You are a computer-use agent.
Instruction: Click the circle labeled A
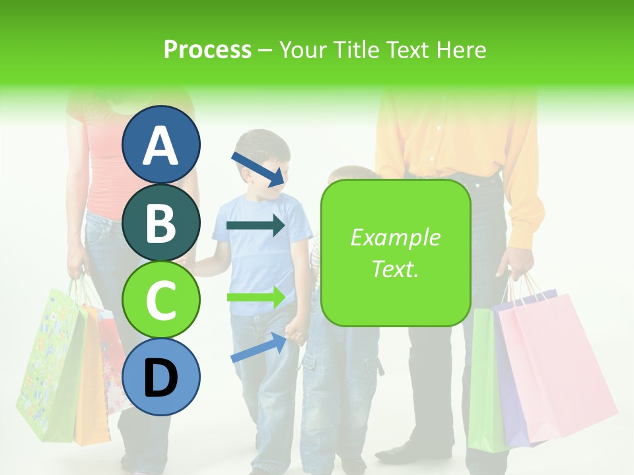[160, 144]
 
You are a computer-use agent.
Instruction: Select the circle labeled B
[160, 223]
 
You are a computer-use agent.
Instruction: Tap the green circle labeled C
[160, 300]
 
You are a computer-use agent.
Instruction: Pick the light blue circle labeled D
[160, 377]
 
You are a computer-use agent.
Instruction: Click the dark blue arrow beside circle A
[258, 169]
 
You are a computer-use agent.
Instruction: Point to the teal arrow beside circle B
[256, 226]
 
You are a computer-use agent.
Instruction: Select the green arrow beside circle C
[256, 297]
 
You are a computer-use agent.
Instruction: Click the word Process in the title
[207, 50]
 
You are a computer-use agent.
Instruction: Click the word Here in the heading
[460, 50]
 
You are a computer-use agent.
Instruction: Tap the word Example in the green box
[395, 237]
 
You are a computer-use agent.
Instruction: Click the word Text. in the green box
[395, 269]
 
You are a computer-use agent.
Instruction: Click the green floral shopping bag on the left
[50, 369]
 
